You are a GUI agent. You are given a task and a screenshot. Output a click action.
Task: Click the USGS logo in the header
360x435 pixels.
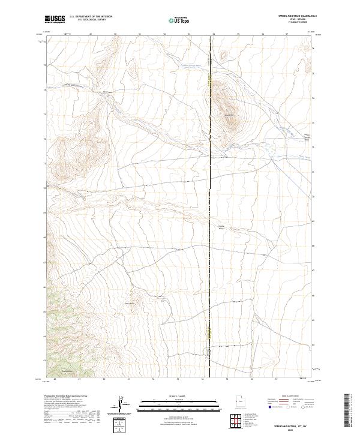click(55, 20)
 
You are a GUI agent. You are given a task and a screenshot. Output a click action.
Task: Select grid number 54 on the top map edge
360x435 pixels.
click(213, 34)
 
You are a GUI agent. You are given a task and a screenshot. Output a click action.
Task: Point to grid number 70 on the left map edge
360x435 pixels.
click(43, 188)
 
